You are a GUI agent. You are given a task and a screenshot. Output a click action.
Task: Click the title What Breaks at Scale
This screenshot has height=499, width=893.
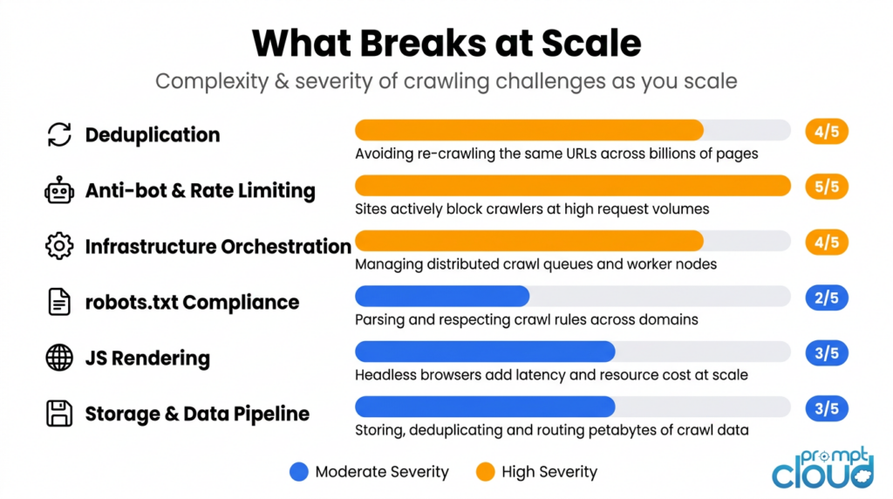446,43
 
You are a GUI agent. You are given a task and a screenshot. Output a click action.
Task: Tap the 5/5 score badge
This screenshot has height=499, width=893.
827,187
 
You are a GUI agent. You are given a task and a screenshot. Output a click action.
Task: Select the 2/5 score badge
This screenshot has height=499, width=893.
827,297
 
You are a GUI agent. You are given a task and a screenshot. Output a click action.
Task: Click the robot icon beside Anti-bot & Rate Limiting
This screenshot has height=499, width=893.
59,190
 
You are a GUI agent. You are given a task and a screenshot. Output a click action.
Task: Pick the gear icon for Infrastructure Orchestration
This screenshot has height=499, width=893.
59,246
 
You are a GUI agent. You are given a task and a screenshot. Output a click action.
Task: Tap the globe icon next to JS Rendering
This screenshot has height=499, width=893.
59,358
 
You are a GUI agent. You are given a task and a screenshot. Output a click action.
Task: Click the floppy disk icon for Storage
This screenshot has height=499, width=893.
59,414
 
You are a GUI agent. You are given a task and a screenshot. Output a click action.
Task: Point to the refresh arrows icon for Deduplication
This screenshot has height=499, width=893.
59,134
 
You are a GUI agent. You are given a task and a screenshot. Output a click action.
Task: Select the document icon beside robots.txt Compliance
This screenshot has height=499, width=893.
59,302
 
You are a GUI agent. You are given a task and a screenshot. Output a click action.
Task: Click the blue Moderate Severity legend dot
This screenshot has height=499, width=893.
299,472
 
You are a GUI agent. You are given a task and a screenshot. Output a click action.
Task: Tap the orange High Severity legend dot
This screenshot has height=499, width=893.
486,472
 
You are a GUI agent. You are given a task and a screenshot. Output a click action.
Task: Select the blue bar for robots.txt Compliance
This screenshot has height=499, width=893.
442,297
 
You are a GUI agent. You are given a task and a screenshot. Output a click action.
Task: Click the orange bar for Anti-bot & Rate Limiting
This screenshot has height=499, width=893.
572,186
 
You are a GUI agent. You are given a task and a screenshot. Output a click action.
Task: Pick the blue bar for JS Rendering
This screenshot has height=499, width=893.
485,352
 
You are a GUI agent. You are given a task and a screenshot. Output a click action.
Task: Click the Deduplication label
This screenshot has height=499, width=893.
153,134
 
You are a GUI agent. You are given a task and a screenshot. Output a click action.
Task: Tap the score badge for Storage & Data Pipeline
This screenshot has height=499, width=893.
827,408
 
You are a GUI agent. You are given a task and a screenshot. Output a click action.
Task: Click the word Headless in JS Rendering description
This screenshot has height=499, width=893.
384,375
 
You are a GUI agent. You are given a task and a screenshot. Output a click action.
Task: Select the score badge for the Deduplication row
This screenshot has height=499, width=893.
827,131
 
